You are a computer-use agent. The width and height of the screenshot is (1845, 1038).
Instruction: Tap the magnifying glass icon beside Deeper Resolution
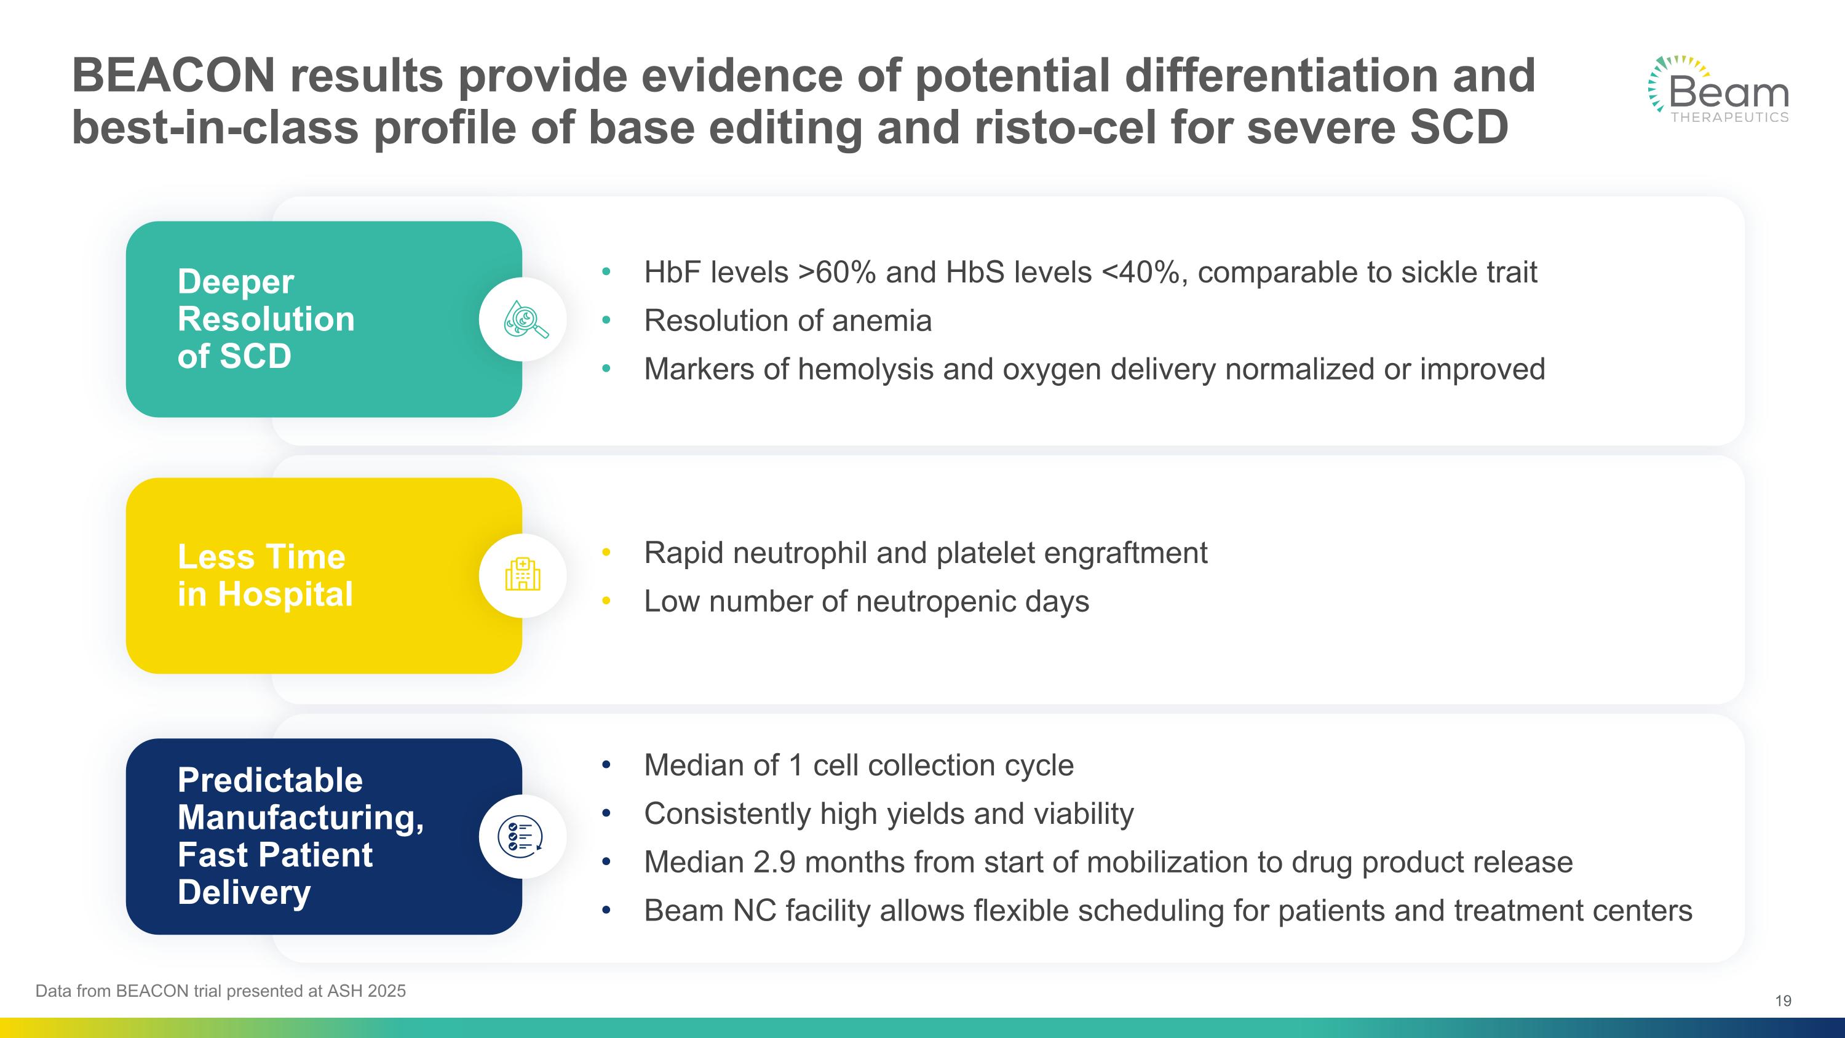click(x=523, y=319)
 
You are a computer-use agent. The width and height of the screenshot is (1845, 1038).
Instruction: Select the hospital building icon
click(x=523, y=575)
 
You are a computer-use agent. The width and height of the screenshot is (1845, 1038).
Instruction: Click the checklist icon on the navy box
click(x=522, y=836)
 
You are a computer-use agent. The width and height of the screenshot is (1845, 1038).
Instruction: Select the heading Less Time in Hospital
click(x=264, y=575)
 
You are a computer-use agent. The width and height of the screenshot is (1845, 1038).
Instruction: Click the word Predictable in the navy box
click(x=270, y=780)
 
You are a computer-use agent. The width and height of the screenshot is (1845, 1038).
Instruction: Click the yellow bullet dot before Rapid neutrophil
click(x=606, y=553)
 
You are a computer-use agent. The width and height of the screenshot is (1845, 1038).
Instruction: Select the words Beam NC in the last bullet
click(x=710, y=911)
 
